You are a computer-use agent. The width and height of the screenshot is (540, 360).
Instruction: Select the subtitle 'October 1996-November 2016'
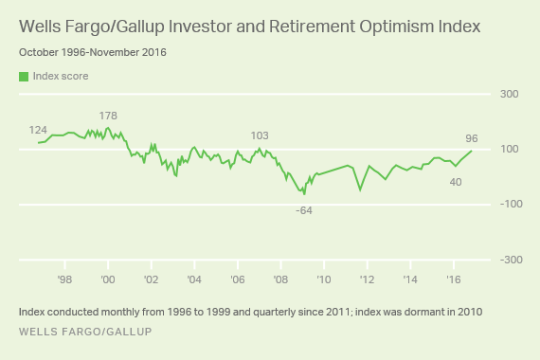(92, 52)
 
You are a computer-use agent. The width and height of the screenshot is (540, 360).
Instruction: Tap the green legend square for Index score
(23, 76)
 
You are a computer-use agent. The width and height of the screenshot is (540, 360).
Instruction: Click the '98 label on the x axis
(64, 279)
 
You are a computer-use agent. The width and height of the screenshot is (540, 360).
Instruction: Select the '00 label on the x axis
(107, 279)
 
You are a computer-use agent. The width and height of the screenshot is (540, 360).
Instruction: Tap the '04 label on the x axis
(193, 279)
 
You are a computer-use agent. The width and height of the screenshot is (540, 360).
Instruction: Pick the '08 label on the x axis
(280, 279)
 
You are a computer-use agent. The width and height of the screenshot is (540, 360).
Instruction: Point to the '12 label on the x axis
(367, 279)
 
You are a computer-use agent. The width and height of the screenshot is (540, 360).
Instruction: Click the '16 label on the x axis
(453, 279)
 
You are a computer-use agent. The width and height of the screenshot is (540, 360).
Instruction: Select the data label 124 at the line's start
(38, 130)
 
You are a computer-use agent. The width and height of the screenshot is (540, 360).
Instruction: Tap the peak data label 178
(108, 116)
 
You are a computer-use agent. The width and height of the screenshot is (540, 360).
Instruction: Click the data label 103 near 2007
(260, 136)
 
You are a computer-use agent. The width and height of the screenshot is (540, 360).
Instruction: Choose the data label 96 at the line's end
(471, 139)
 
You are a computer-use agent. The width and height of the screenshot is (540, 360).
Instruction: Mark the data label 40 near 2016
(455, 181)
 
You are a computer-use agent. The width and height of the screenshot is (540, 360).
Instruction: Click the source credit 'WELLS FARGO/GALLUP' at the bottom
(84, 332)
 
